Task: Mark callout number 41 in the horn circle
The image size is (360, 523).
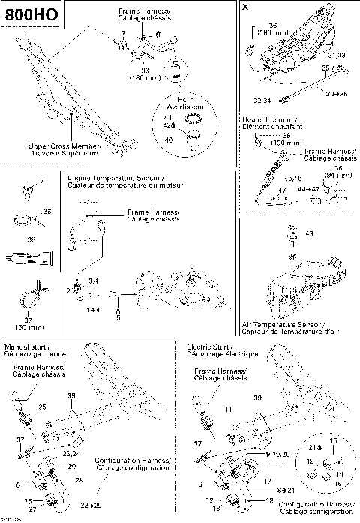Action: [167, 118]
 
